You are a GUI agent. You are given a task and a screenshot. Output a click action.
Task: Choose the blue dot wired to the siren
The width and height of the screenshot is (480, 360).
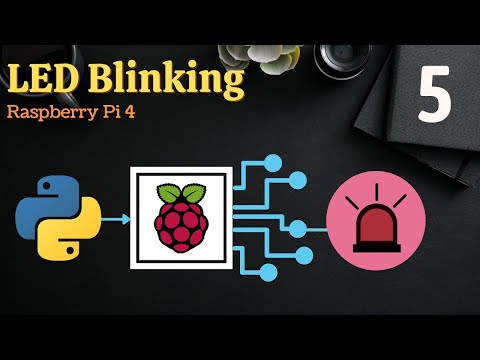coord(297,227)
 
